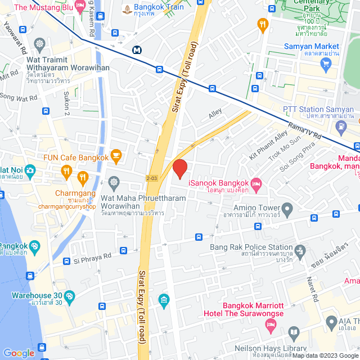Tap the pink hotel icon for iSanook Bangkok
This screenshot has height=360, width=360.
(x=256, y=183)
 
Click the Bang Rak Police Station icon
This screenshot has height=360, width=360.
(x=300, y=250)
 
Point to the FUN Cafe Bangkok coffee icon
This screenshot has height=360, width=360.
(x=116, y=154)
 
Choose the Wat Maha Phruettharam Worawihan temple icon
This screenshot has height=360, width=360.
(x=115, y=183)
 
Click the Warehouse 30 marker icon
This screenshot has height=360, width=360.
(x=70, y=296)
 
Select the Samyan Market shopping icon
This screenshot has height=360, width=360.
(x=325, y=64)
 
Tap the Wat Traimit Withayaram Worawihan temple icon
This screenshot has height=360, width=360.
(x=40, y=43)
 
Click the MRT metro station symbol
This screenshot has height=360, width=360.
(x=137, y=49)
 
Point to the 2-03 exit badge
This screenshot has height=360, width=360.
(x=152, y=178)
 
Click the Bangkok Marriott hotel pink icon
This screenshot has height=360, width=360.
(x=271, y=323)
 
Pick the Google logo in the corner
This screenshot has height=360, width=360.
(x=19, y=353)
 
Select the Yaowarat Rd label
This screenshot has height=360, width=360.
(x=15, y=37)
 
